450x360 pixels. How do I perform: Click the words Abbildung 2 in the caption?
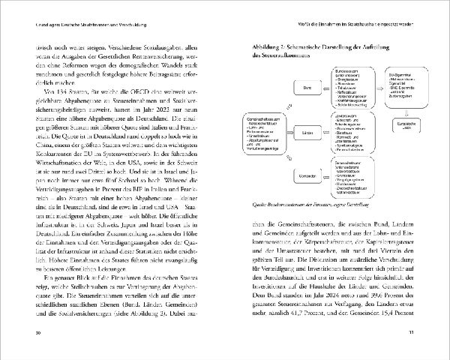(x=265, y=46)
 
